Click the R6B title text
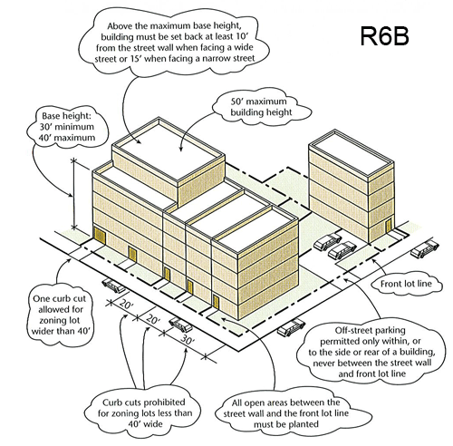(x=384, y=36)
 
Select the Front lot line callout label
(x=406, y=284)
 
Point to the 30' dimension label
(x=188, y=340)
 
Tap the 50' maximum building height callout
(x=261, y=107)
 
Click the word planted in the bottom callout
(x=303, y=424)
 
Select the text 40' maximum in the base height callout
(x=67, y=138)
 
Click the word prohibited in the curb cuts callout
(x=164, y=402)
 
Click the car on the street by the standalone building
(x=425, y=248)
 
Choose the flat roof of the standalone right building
(x=352, y=152)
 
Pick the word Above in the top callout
(x=120, y=25)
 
